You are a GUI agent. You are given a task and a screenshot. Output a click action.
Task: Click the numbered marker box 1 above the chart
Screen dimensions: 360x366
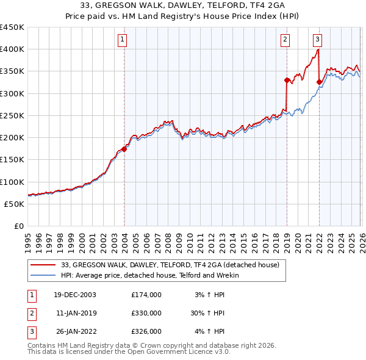123,40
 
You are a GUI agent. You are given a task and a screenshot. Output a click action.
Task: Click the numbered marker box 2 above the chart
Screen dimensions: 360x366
285,40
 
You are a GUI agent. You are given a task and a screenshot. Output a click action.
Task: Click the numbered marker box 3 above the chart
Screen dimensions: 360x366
318,40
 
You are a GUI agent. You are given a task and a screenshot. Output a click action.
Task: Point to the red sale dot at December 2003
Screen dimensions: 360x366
124,148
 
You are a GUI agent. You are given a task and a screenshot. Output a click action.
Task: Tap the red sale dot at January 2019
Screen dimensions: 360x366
287,79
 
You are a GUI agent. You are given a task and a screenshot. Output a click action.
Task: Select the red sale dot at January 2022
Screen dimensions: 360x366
319,81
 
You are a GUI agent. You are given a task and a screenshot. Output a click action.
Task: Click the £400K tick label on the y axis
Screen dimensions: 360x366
12,49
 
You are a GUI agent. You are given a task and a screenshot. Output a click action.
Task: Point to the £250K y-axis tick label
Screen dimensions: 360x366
12,115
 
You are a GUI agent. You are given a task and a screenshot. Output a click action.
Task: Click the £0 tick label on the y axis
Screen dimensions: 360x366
19,226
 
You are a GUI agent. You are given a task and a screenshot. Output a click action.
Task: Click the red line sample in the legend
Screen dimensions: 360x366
44,265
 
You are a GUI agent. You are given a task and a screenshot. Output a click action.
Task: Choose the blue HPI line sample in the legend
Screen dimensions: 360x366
44,275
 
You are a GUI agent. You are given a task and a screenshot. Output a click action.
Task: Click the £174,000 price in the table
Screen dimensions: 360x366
146,294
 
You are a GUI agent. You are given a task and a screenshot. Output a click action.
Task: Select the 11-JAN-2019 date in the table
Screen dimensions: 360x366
76,313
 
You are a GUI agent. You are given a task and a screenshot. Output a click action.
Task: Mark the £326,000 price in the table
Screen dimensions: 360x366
146,331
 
